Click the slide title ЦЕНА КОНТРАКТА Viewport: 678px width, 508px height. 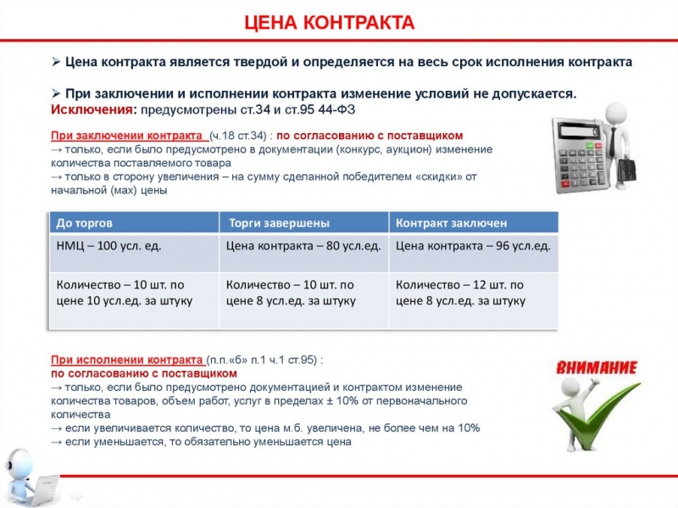329,22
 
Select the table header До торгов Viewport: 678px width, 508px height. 84,223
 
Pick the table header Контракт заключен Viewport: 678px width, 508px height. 452,223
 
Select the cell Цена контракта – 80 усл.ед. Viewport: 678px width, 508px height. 303,246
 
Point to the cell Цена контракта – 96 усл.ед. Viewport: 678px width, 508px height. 473,246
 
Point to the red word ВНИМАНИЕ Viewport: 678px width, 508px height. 597,368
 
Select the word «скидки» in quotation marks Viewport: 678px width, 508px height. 436,176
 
